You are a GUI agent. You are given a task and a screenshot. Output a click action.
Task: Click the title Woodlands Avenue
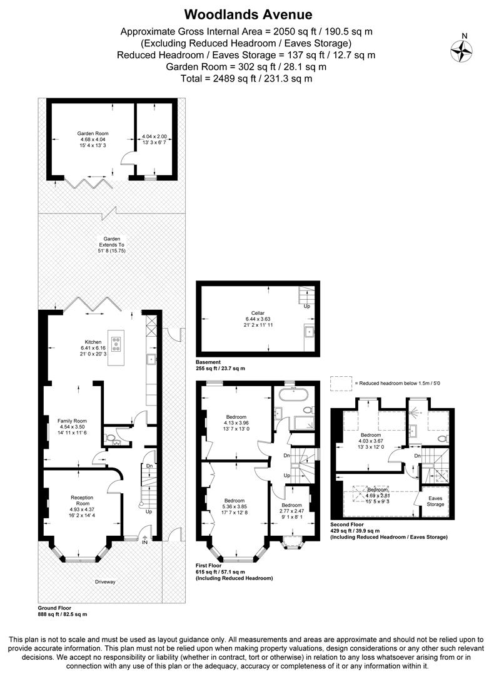coord(248,14)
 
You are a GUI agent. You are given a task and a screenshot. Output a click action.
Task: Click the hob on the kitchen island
coord(116,343)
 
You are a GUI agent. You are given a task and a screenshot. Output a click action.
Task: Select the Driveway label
coord(105,581)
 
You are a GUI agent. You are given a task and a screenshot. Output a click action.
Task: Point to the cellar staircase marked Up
coord(306,295)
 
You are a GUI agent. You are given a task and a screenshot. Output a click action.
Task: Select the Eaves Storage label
coord(435,501)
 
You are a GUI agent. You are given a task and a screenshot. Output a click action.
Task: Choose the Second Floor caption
coord(347,524)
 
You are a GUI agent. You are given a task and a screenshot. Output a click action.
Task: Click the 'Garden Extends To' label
coord(111,242)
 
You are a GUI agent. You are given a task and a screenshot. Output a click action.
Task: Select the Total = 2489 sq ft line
coord(246,79)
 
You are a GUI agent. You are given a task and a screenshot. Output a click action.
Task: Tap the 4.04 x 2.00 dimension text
coord(154,136)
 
